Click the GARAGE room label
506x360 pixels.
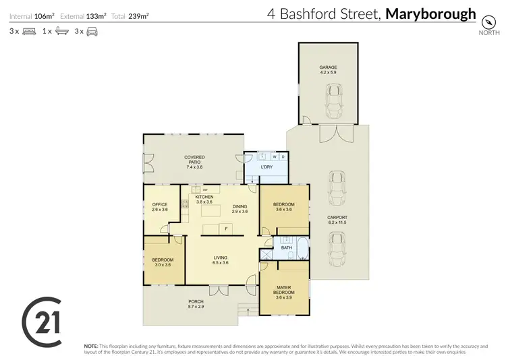coord(328,68)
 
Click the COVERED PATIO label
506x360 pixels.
coord(195,158)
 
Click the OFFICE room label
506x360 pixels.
coord(159,204)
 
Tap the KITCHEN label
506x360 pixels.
coord(204,197)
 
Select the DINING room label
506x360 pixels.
coord(240,207)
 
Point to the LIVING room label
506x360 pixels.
coord(221,258)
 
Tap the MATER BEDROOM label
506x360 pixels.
coord(283,291)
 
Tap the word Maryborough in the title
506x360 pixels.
coord(430,13)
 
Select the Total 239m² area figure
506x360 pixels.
coord(136,15)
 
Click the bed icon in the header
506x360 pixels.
coord(29,31)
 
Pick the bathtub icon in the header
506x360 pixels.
coord(61,31)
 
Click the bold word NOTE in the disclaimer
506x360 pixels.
coord(90,344)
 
